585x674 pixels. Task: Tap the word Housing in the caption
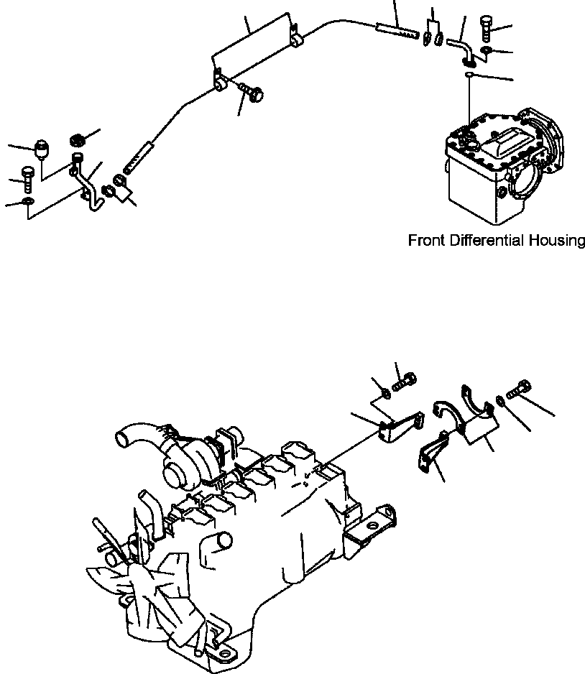558,241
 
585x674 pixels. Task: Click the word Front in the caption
427,240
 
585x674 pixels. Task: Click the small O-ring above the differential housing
468,74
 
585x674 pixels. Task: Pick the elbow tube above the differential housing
459,50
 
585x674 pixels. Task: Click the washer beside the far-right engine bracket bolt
499,399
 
